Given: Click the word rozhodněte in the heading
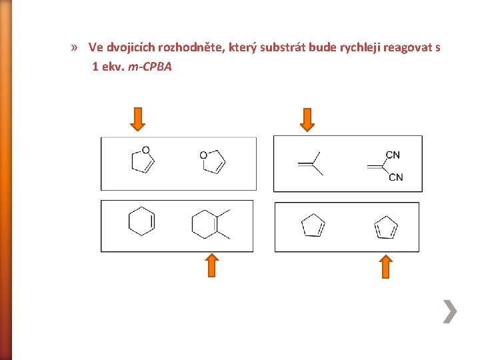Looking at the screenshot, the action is pos(195,48).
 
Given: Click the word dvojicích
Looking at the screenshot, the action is pos(139,48).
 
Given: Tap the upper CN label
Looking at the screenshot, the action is pos(393,155).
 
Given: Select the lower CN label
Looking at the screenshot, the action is pos(395,177).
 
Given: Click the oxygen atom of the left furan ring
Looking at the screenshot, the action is pos(145,150).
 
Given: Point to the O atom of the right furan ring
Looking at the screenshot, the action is pos(203,155).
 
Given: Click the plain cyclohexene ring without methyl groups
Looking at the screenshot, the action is pos(141,221).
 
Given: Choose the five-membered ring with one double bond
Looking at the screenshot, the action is pos(312,227).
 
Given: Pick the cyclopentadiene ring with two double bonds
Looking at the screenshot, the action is pos(386,227).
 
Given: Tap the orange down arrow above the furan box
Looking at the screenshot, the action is pos(137,119).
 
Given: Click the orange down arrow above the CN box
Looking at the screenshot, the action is pos(307,119).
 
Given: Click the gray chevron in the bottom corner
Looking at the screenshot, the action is pos(451,311).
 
